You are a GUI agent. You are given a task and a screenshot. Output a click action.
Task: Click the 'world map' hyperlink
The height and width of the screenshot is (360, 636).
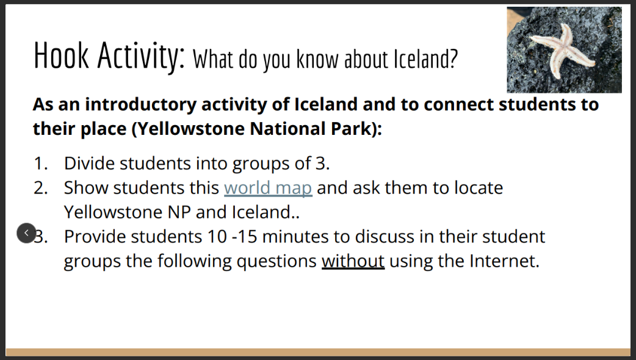[268, 187]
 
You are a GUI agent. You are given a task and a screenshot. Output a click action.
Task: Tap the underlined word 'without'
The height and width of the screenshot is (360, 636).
[353, 261]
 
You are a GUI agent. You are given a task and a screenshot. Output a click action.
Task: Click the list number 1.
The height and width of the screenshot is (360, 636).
[40, 163]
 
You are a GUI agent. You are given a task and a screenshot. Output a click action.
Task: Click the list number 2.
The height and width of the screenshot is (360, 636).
[40, 187]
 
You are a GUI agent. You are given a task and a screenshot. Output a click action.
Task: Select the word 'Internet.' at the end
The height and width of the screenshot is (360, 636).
[504, 261]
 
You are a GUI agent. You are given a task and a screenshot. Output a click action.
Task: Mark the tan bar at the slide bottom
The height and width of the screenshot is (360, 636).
[318, 352]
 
